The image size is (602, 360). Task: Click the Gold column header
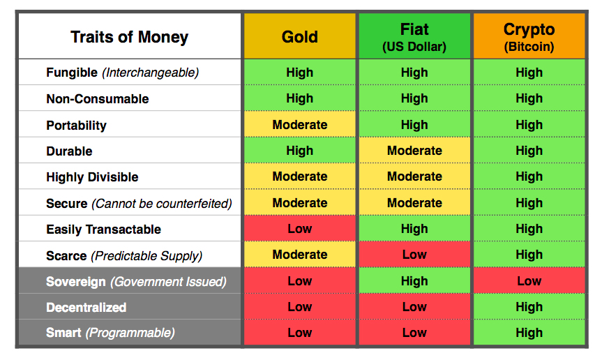pos(299,37)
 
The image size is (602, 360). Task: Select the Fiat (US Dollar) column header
pos(414,37)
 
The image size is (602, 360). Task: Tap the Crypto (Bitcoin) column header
pos(529,37)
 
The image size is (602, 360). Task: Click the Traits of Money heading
pos(129,37)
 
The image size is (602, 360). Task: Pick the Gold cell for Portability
pos(299,125)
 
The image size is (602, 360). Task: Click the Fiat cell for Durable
pos(414,151)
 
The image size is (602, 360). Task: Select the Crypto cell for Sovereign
pos(529,281)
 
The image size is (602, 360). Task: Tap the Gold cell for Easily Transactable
pos(299,229)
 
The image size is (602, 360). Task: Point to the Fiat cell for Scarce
pos(414,255)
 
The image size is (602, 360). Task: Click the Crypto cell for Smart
pos(529,333)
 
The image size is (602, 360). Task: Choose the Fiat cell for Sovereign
pos(414,281)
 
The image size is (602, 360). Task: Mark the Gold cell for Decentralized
pos(299,307)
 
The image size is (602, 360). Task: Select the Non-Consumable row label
pos(97,99)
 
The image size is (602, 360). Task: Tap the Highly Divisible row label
pos(92,177)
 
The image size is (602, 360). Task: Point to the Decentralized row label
pos(86,308)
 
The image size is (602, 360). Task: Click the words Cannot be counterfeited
pos(162,204)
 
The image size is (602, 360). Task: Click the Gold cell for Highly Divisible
pos(299,177)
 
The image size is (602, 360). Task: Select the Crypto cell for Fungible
pos(529,73)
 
